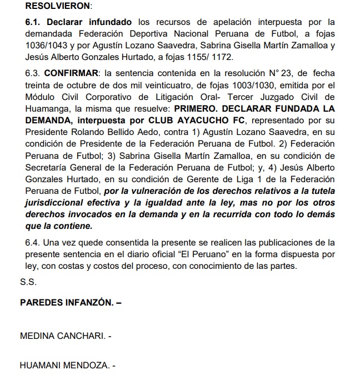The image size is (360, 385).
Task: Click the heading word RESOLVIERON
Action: point(48,7)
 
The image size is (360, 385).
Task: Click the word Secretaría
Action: point(48,167)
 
